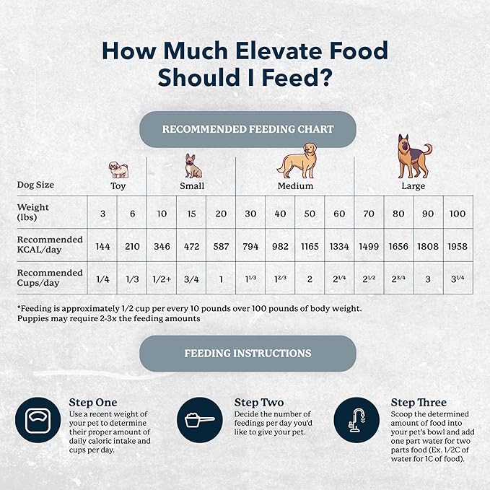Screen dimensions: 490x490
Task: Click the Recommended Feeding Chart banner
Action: pos(248,129)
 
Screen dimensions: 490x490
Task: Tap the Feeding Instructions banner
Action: pos(248,354)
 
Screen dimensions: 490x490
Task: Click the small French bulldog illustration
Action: pos(193,166)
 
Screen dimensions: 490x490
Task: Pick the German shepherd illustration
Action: pos(412,156)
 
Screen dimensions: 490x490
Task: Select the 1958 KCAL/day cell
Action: pos(457,246)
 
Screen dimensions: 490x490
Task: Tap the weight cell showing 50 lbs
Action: pos(308,213)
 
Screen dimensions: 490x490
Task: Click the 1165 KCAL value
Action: pos(308,246)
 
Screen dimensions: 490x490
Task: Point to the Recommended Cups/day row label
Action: pos(50,278)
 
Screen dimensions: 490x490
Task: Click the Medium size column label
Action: pos(296,186)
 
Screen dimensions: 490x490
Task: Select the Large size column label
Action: pos(412,186)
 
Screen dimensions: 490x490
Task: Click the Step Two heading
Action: pos(258,402)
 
